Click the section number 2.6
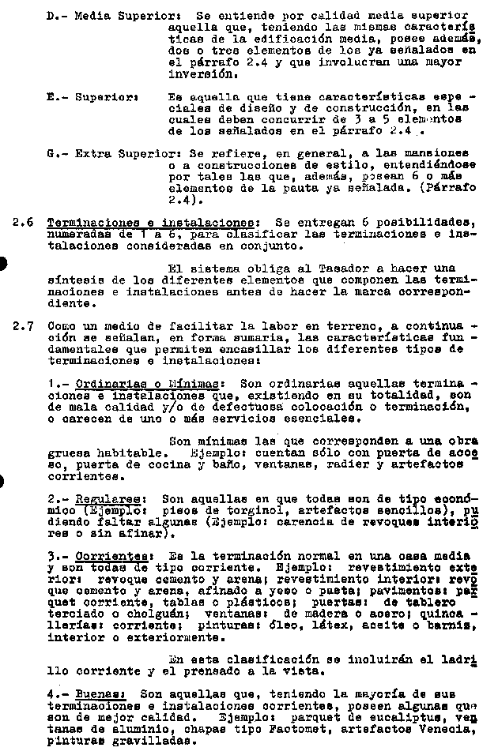click(22, 223)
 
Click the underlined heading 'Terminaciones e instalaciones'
click(149, 223)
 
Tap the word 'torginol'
click(232, 512)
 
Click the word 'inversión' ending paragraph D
click(204, 76)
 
